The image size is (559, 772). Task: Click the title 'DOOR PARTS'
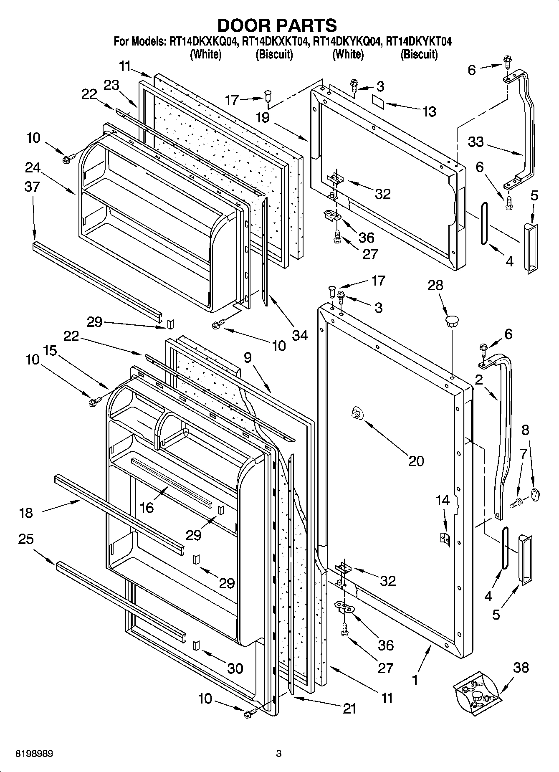coord(277,25)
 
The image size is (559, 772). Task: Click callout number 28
coord(435,286)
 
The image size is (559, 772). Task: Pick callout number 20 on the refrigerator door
coord(416,461)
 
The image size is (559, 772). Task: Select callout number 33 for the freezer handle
coord(475,142)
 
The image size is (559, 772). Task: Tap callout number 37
coord(32,186)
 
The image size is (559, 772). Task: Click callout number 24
coord(33,167)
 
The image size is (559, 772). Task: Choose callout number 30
coord(235,668)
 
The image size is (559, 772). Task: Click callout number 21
coord(349,708)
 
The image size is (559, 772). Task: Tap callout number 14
coord(443,500)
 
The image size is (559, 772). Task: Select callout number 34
coord(299,335)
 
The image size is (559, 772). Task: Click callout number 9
coord(248,358)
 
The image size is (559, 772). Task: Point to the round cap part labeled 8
coord(535,494)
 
